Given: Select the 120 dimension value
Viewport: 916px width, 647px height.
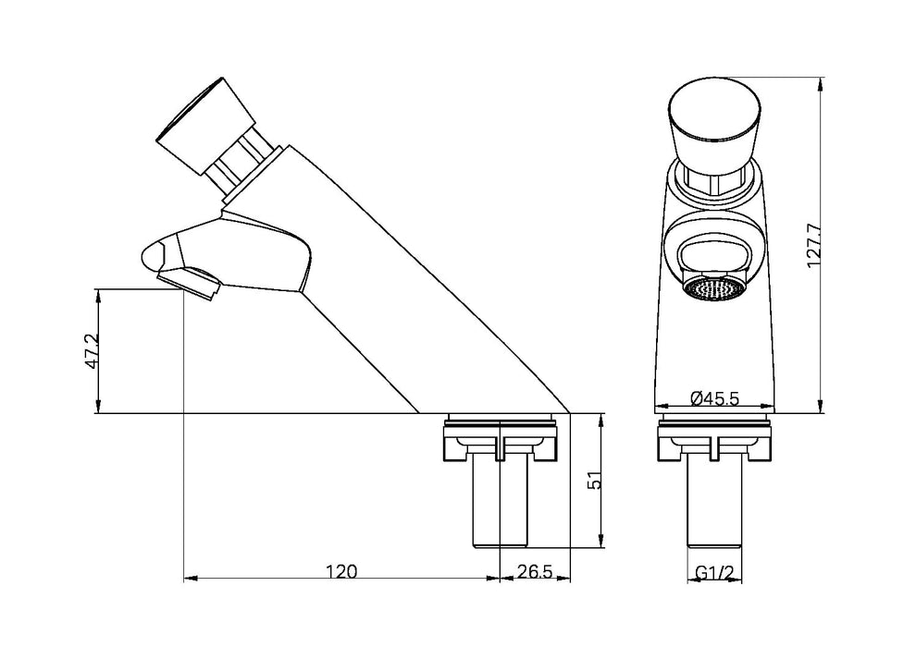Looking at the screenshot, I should coord(342,571).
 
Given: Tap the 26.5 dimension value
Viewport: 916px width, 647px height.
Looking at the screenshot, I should coord(534,571).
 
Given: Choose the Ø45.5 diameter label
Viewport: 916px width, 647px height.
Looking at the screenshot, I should coord(715,398).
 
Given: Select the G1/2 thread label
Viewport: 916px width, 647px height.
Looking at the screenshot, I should coord(715,571).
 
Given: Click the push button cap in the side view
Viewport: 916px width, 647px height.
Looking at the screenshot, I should coord(205,128).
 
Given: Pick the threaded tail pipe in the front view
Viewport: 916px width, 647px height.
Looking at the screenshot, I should coord(715,504).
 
